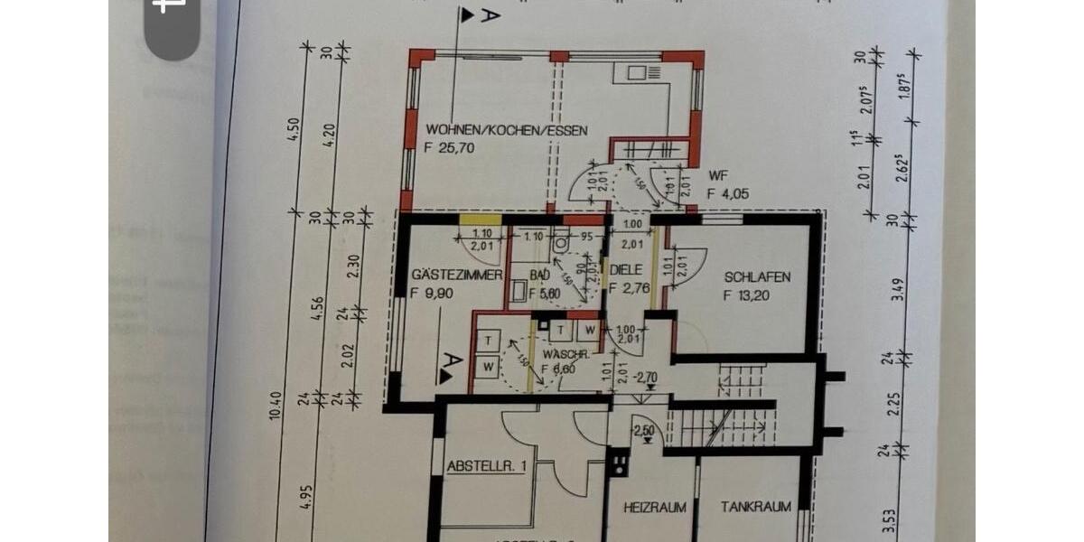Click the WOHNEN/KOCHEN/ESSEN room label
click(507, 131)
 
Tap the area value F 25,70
click(450, 148)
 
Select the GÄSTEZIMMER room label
click(456, 275)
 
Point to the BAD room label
click(540, 275)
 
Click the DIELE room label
click(626, 269)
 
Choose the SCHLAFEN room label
click(757, 276)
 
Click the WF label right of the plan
click(719, 175)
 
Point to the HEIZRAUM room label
click(655, 508)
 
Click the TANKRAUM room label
click(756, 508)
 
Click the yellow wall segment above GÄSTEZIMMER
click(480, 219)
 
